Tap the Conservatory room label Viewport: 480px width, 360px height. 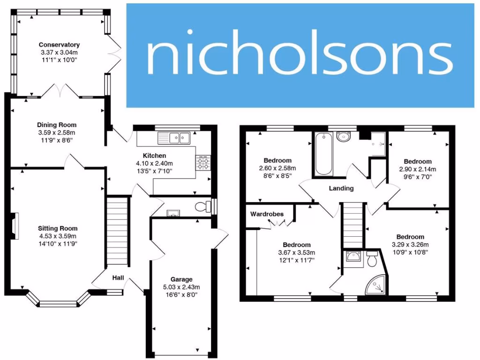[x=59, y=45]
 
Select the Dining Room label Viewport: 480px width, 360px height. [x=57, y=125]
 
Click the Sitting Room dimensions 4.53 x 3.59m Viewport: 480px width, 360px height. [x=57, y=236]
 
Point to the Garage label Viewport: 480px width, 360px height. [x=181, y=279]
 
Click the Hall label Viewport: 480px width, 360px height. [x=118, y=278]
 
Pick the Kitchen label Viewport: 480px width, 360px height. [x=155, y=156]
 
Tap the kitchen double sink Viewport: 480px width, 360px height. [x=174, y=138]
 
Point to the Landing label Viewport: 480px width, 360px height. [x=342, y=188]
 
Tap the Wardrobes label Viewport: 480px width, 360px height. [x=267, y=214]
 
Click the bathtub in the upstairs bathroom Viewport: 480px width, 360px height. [x=323, y=154]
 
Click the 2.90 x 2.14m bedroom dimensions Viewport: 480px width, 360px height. [x=417, y=169]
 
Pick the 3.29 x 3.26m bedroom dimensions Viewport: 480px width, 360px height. [x=410, y=244]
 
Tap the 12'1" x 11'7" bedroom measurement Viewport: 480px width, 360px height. [x=297, y=260]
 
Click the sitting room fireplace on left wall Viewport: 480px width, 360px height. [x=15, y=226]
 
